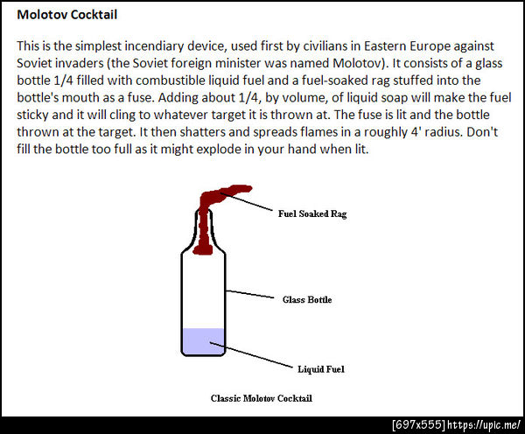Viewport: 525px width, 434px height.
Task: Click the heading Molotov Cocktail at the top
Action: tap(67, 15)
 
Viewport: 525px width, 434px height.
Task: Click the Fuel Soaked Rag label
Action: tap(312, 213)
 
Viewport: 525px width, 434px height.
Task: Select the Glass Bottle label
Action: tap(307, 299)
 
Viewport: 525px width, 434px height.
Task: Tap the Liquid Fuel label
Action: tap(321, 369)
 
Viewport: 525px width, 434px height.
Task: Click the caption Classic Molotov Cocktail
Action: tap(261, 398)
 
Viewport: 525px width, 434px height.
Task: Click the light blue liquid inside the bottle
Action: tap(203, 341)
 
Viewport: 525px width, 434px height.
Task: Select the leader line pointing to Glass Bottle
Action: tap(249, 294)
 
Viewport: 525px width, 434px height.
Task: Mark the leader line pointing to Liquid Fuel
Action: tap(251, 355)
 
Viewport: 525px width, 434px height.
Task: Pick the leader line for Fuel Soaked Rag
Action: tap(247, 201)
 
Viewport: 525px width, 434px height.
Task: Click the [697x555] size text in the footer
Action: tap(419, 425)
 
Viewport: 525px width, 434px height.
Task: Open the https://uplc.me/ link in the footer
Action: tap(484, 425)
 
